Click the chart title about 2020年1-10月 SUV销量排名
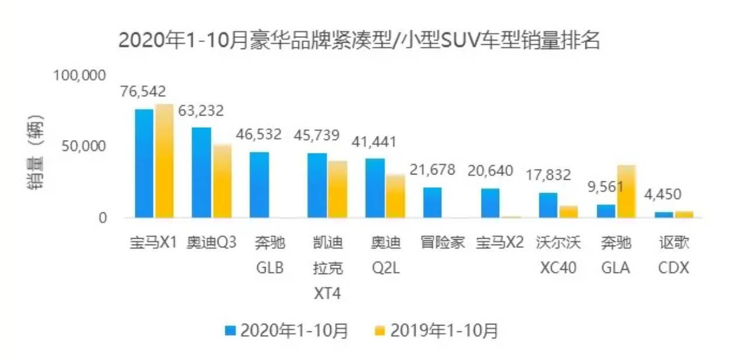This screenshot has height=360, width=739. pyautogui.click(x=359, y=41)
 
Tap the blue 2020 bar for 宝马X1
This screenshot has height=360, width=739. pyautogui.click(x=144, y=163)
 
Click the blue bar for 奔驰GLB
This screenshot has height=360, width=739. pyautogui.click(x=259, y=184)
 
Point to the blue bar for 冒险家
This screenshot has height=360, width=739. pyautogui.click(x=432, y=202)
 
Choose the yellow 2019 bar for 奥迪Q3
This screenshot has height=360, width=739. pyautogui.click(x=222, y=181)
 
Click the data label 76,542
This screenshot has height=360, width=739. pyautogui.click(x=143, y=92)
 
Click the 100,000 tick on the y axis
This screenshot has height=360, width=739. pyautogui.click(x=79, y=75)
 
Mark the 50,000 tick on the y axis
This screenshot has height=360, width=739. pyautogui.click(x=83, y=146)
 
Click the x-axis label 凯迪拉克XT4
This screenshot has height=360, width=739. pyautogui.click(x=327, y=268)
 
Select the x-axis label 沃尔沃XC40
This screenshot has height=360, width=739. pyautogui.click(x=558, y=255)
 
